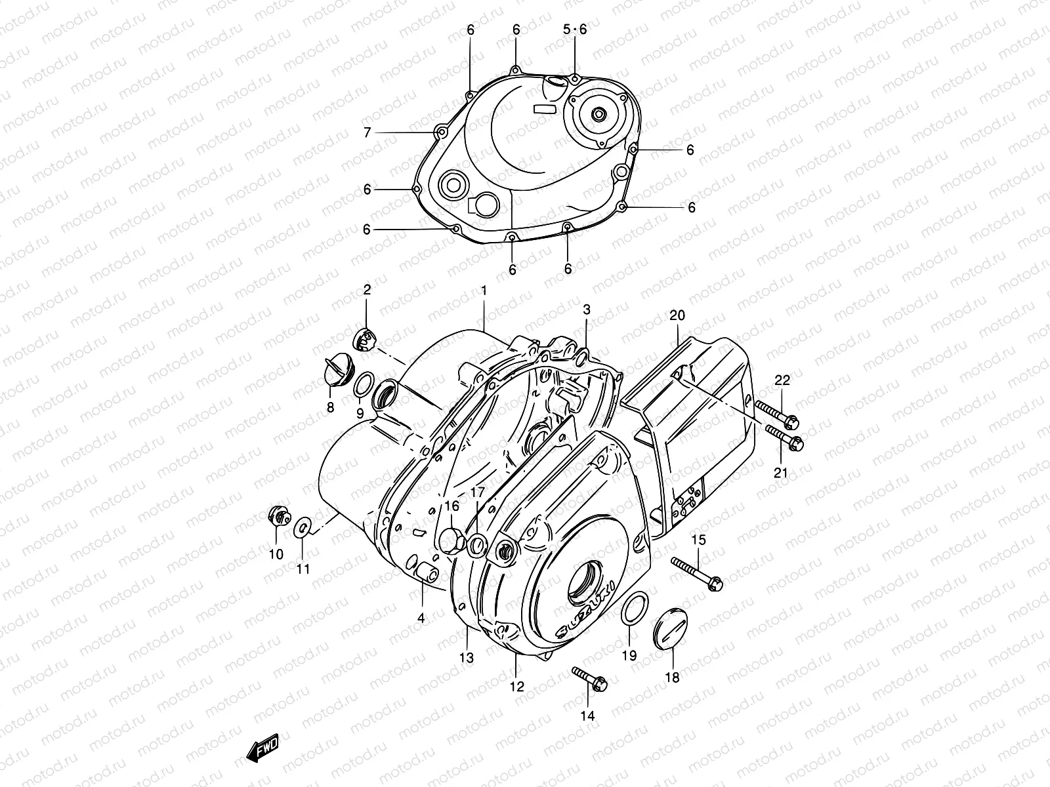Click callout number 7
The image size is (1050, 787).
367,132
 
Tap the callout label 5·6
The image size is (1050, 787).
575,30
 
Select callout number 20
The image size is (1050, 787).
677,315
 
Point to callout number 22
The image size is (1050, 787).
782,380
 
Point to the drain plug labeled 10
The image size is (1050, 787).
278,517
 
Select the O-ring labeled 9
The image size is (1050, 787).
365,385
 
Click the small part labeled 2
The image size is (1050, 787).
366,339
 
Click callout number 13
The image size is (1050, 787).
467,657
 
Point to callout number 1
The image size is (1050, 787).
484,290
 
